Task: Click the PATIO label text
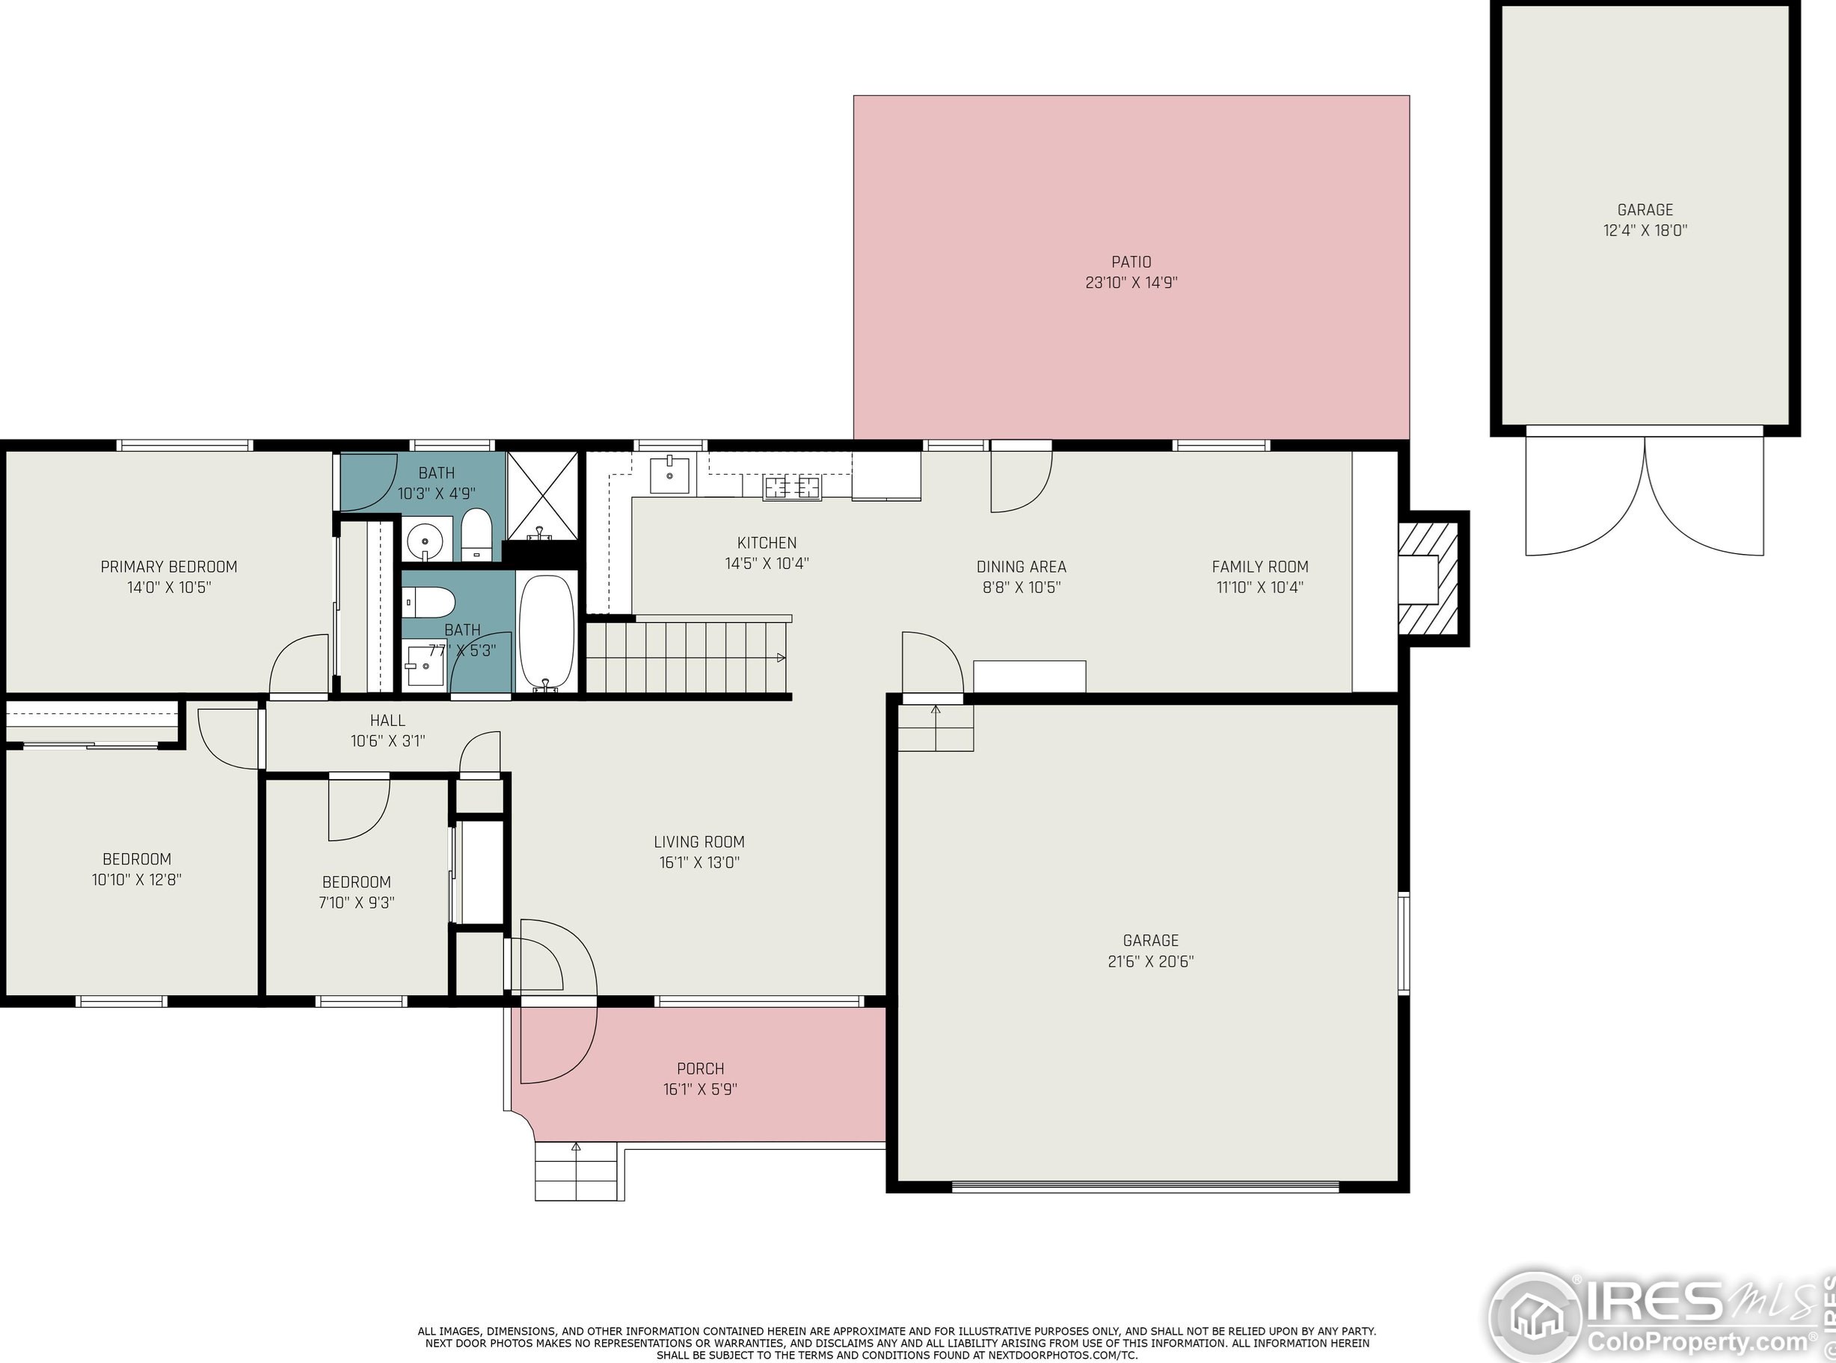(x=1131, y=262)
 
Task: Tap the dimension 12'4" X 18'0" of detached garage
(x=1645, y=231)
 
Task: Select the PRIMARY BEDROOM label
(x=168, y=567)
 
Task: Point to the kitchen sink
(x=669, y=475)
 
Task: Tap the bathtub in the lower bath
(x=546, y=632)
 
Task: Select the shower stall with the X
(x=542, y=493)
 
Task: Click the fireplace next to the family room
(x=1429, y=579)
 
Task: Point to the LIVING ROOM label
(x=699, y=842)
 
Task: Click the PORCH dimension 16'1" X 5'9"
(x=700, y=1089)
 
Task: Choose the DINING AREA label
(x=1021, y=567)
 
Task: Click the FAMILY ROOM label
(x=1260, y=567)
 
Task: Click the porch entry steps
(x=576, y=1171)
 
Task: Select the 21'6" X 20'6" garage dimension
(x=1150, y=962)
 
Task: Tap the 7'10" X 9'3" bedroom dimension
(x=357, y=902)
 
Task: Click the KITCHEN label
(x=767, y=543)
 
